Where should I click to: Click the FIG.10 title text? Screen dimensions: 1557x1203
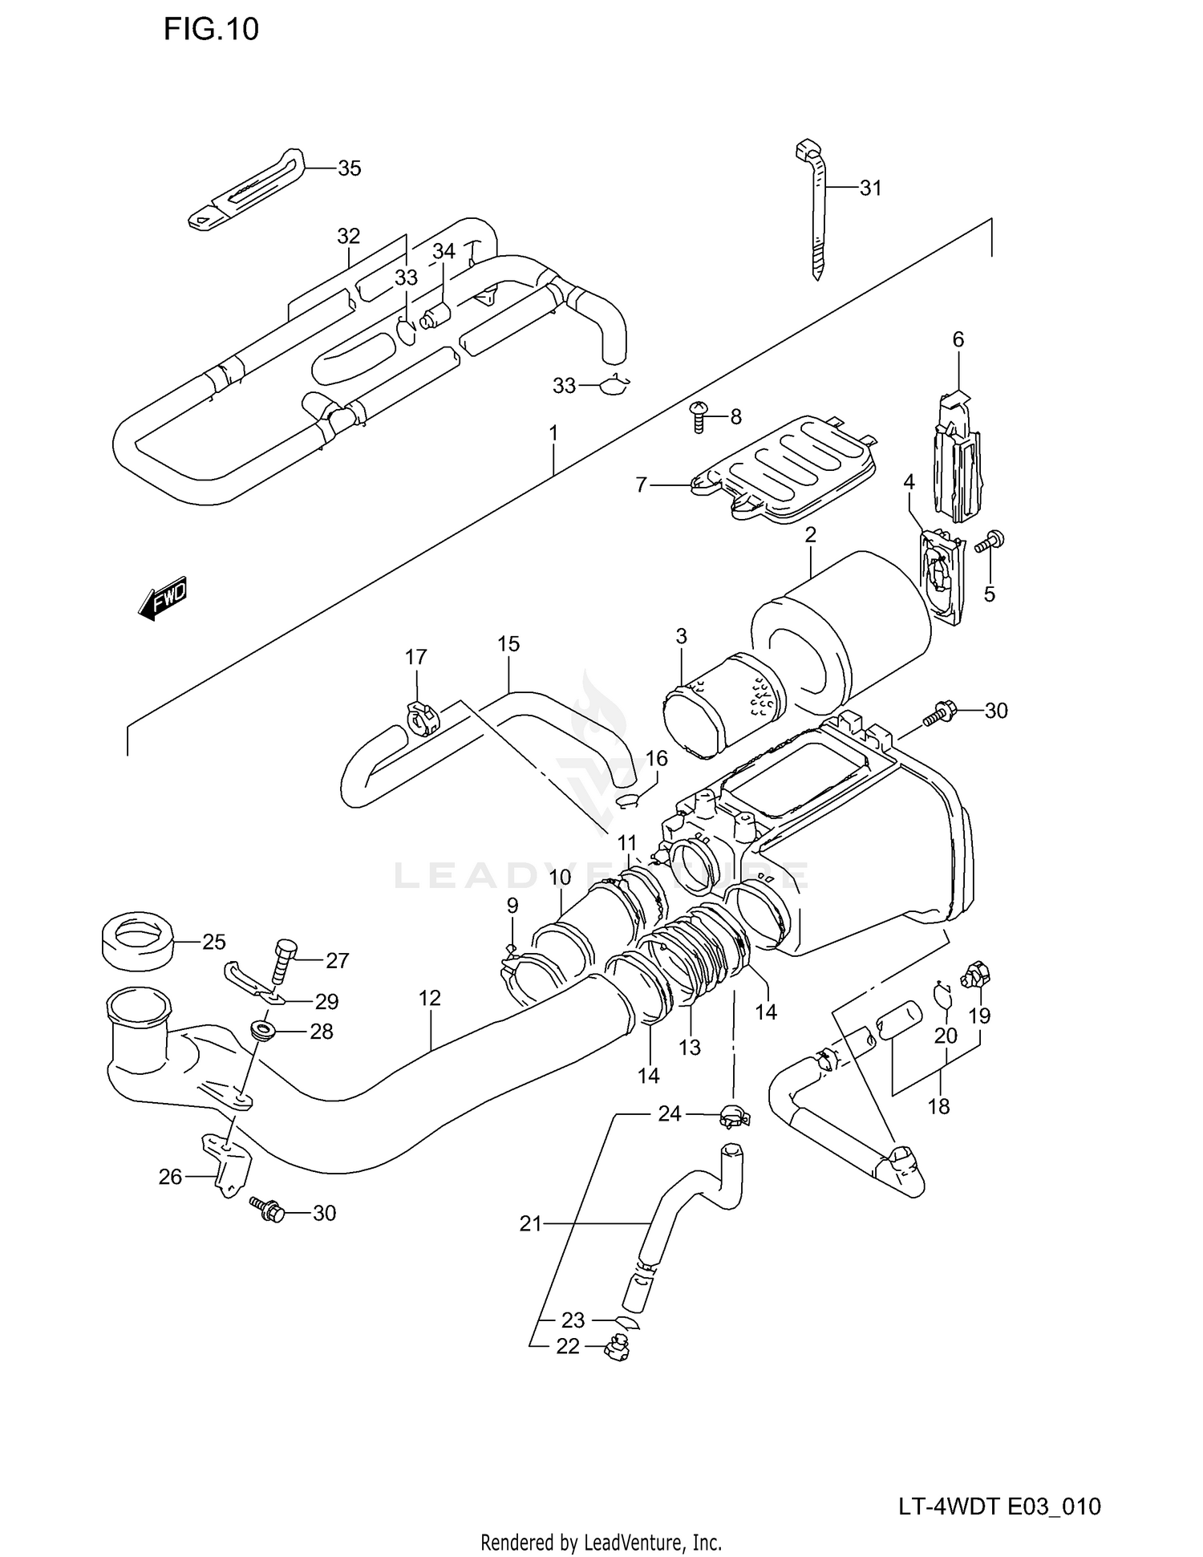tap(211, 30)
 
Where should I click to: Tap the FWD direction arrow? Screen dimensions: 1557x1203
tap(163, 598)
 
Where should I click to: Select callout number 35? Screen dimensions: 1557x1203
tap(349, 168)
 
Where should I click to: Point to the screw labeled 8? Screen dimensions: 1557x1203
tap(699, 416)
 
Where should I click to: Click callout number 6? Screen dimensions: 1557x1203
tap(958, 339)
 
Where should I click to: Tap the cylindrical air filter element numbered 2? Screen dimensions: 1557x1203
tap(842, 626)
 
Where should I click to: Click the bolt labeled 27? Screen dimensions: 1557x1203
tap(285, 962)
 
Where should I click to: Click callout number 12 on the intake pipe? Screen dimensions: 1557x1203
tap(429, 999)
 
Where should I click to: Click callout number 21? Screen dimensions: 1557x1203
tap(531, 1223)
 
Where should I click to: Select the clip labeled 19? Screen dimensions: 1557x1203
tap(974, 975)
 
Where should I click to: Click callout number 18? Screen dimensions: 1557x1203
tap(938, 1106)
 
